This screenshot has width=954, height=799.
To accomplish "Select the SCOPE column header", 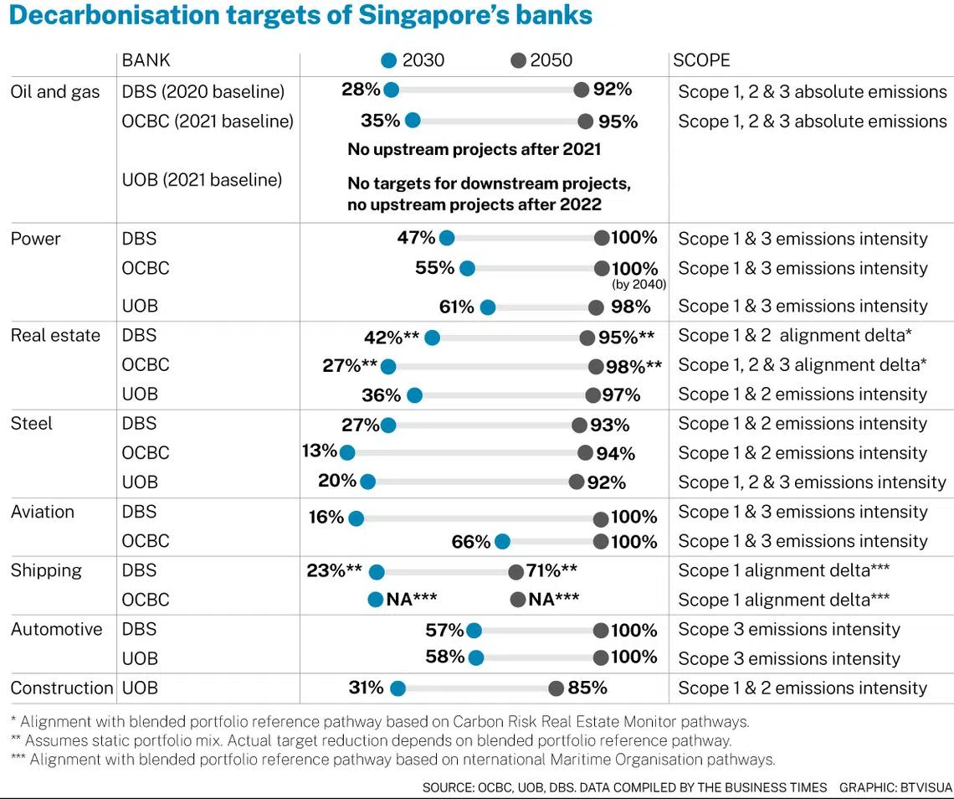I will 701,60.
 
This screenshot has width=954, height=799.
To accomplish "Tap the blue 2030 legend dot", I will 388,60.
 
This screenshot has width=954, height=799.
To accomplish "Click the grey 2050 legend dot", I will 518,60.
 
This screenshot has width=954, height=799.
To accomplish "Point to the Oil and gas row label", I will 55,91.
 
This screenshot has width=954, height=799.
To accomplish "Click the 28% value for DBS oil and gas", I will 361,90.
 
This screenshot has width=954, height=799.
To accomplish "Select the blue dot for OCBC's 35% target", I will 412,121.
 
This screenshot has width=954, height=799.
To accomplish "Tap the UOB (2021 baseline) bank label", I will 202,179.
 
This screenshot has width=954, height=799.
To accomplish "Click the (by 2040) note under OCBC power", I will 639,285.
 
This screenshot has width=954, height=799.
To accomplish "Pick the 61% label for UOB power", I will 456,307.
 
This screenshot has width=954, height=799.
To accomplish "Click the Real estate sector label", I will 55,335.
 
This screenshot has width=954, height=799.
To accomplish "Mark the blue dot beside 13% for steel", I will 346,452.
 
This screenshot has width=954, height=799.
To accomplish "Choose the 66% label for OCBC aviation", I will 470,542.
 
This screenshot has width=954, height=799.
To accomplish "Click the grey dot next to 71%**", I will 515,572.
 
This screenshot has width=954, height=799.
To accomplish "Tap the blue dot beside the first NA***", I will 376,600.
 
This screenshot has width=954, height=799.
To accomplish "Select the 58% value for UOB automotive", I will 444,657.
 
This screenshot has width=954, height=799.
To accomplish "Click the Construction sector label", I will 62,688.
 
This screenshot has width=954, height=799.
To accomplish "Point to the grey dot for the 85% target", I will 556,688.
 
